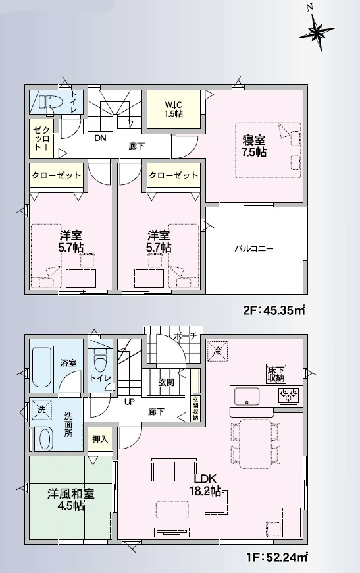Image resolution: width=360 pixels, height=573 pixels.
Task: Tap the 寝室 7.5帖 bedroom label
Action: [254, 146]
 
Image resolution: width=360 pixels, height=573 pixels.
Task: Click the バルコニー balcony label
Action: [254, 249]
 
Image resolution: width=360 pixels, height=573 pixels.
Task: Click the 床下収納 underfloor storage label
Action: [276, 373]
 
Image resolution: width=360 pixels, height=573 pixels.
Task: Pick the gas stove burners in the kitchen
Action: [288, 396]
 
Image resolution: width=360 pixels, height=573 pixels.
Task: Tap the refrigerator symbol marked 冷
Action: [219, 350]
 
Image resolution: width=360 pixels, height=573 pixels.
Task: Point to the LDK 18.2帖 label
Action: [206, 485]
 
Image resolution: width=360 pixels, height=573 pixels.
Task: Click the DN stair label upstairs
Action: [100, 138]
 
